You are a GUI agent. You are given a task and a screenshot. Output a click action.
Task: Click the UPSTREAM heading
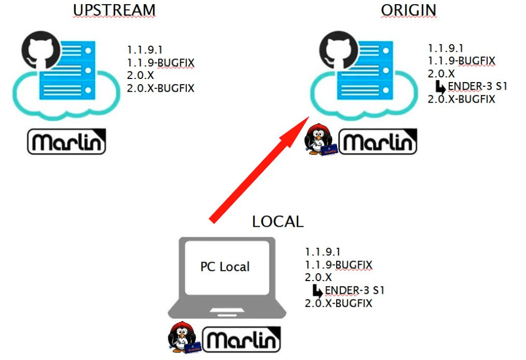coord(115,10)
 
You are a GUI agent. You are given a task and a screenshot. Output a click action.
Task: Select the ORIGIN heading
coord(409,10)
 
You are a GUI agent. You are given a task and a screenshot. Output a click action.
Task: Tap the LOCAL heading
coord(278,222)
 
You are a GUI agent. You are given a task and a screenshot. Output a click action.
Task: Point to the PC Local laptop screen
coord(225,267)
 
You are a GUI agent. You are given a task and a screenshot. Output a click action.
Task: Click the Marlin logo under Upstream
coord(66,143)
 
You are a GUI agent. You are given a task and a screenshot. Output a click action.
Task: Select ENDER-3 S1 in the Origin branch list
coord(478,86)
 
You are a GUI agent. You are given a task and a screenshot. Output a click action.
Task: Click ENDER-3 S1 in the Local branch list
coord(355,290)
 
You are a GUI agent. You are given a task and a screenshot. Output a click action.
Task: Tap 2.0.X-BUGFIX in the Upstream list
coord(160,88)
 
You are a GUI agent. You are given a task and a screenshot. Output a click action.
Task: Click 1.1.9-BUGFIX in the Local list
coord(338,264)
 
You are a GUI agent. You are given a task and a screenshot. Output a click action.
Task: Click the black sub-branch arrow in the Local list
coord(317,291)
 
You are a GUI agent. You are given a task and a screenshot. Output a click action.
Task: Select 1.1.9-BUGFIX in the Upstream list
coord(160,63)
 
